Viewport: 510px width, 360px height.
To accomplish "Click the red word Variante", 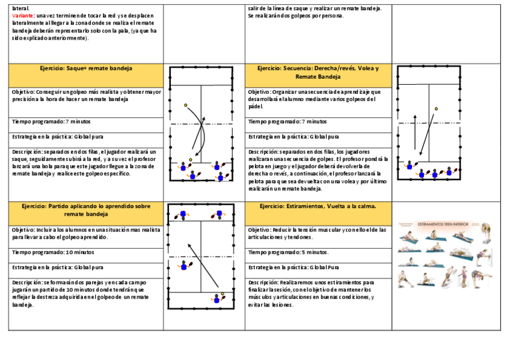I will tap(22, 14).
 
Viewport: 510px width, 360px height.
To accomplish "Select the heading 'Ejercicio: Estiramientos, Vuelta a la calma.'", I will tap(318, 206).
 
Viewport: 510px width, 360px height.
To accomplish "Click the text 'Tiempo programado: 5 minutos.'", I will tap(289, 252).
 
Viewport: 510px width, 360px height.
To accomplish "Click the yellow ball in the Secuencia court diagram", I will tap(437, 109).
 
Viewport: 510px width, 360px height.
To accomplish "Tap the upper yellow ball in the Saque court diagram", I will tap(186, 105).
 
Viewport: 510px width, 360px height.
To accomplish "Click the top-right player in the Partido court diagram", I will tap(219, 213).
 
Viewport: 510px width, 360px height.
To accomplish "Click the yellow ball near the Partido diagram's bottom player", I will tap(223, 294).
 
